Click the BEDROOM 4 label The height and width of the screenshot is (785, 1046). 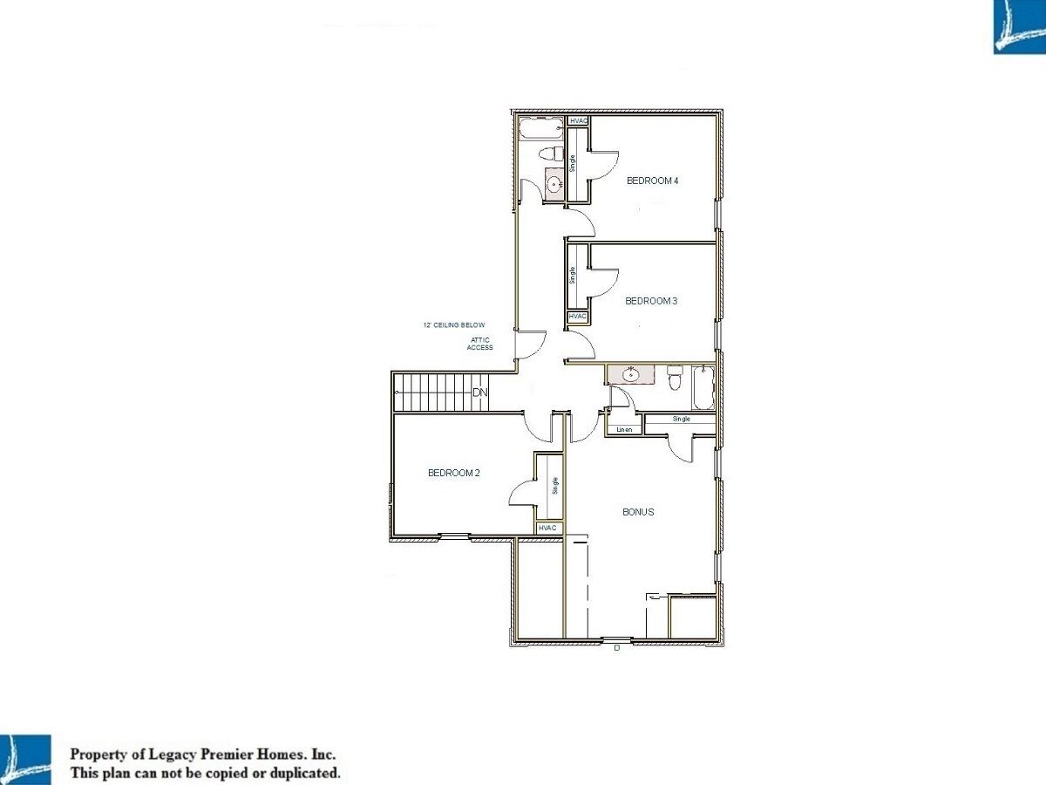point(652,181)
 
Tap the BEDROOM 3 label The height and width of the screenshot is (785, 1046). point(651,301)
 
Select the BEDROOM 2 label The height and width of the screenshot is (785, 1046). point(453,473)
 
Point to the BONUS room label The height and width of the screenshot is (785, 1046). point(638,512)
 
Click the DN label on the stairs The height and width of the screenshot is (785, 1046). point(480,392)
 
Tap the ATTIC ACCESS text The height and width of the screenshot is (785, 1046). point(480,344)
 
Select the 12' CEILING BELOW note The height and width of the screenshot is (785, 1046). point(454,325)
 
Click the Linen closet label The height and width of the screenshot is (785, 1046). point(624,429)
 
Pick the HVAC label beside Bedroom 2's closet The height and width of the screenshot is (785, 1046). point(547,528)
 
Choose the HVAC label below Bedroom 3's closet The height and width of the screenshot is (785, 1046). point(578,317)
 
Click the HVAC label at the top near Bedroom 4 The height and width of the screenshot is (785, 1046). point(579,121)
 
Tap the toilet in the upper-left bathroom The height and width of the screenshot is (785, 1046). point(550,154)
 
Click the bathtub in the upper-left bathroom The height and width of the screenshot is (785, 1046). point(541,129)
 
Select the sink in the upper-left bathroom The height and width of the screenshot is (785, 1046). point(554,183)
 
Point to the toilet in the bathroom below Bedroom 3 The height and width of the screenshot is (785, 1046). point(675,377)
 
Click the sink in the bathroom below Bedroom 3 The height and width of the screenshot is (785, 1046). point(630,375)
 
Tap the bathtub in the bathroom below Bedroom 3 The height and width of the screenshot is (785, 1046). point(703,387)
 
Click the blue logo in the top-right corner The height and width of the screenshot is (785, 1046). point(1019,27)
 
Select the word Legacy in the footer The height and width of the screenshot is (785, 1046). point(172,754)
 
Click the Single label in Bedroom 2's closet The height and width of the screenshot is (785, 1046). point(554,486)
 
